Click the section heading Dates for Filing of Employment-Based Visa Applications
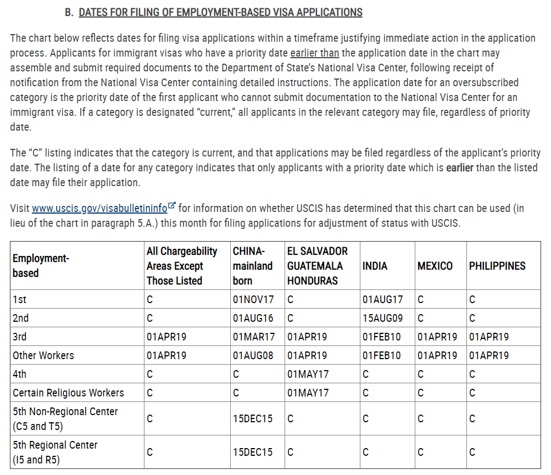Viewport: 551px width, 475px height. click(x=220, y=12)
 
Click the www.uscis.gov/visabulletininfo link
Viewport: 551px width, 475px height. click(x=99, y=209)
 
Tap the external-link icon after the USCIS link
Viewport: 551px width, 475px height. click(x=172, y=206)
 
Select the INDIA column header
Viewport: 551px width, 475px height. click(x=375, y=266)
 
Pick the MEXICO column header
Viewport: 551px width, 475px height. click(x=435, y=266)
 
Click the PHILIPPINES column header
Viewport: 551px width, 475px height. click(x=497, y=266)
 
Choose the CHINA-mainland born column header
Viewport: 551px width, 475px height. click(x=252, y=266)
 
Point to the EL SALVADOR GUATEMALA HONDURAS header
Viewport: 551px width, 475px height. click(x=317, y=266)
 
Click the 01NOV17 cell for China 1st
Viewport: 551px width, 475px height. click(x=253, y=300)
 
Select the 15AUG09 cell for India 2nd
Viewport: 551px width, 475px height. click(x=382, y=318)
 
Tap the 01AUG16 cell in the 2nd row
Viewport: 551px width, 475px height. click(x=253, y=318)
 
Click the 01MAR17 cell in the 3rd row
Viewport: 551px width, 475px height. click(x=253, y=337)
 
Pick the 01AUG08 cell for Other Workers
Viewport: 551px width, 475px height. click(x=253, y=356)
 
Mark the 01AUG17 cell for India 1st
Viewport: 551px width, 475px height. click(x=382, y=300)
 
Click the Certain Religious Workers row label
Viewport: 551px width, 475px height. click(x=68, y=393)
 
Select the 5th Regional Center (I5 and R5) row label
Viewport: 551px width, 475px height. click(x=55, y=452)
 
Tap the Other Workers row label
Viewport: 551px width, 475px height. click(x=43, y=356)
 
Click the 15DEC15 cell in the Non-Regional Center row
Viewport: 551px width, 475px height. click(x=253, y=418)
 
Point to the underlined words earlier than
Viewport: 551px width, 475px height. click(x=314, y=53)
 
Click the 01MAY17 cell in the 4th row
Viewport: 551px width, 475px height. click(x=308, y=375)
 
